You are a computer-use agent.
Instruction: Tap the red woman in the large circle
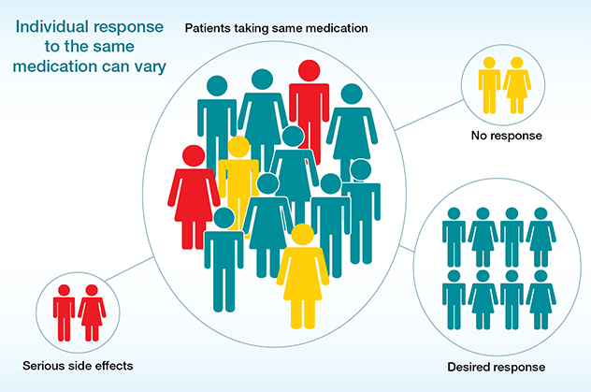pos(194,196)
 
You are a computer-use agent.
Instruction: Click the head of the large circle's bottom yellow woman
pos(301,235)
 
